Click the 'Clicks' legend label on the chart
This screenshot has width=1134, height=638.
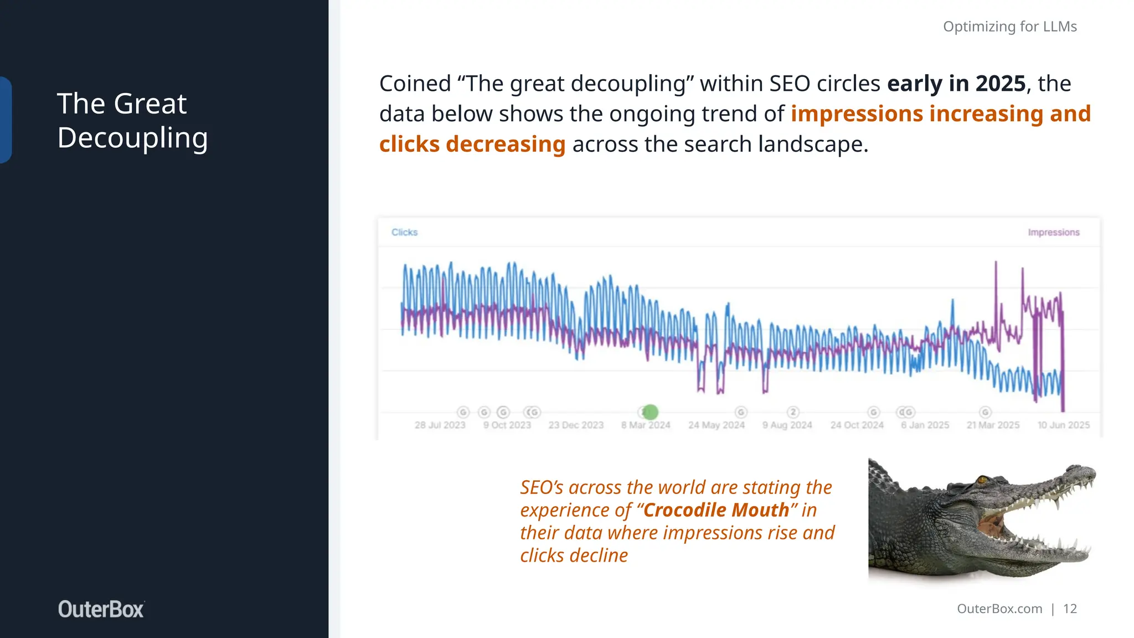404,232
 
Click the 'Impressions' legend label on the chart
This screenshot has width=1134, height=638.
1053,232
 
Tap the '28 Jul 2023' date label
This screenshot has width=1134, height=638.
440,425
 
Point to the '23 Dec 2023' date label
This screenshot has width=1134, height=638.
576,425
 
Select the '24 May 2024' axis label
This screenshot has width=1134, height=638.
717,425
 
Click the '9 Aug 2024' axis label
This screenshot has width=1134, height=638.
787,425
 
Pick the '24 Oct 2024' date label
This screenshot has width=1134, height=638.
857,425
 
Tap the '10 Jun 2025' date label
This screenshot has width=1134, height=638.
1063,425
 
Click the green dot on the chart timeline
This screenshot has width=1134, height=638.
651,412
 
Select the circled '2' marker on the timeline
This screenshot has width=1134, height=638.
793,412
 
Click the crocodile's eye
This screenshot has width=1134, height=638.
982,480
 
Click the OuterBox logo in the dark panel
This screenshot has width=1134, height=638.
101,609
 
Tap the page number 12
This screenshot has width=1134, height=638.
1070,609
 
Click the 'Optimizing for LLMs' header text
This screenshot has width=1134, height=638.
1009,27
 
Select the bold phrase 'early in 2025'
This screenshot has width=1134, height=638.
956,84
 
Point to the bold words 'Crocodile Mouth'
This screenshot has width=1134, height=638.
717,510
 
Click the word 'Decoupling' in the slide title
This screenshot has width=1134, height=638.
133,138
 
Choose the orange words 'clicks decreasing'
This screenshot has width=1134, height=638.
472,144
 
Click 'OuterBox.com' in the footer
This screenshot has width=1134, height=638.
999,609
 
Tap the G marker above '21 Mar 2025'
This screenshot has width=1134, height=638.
984,412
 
